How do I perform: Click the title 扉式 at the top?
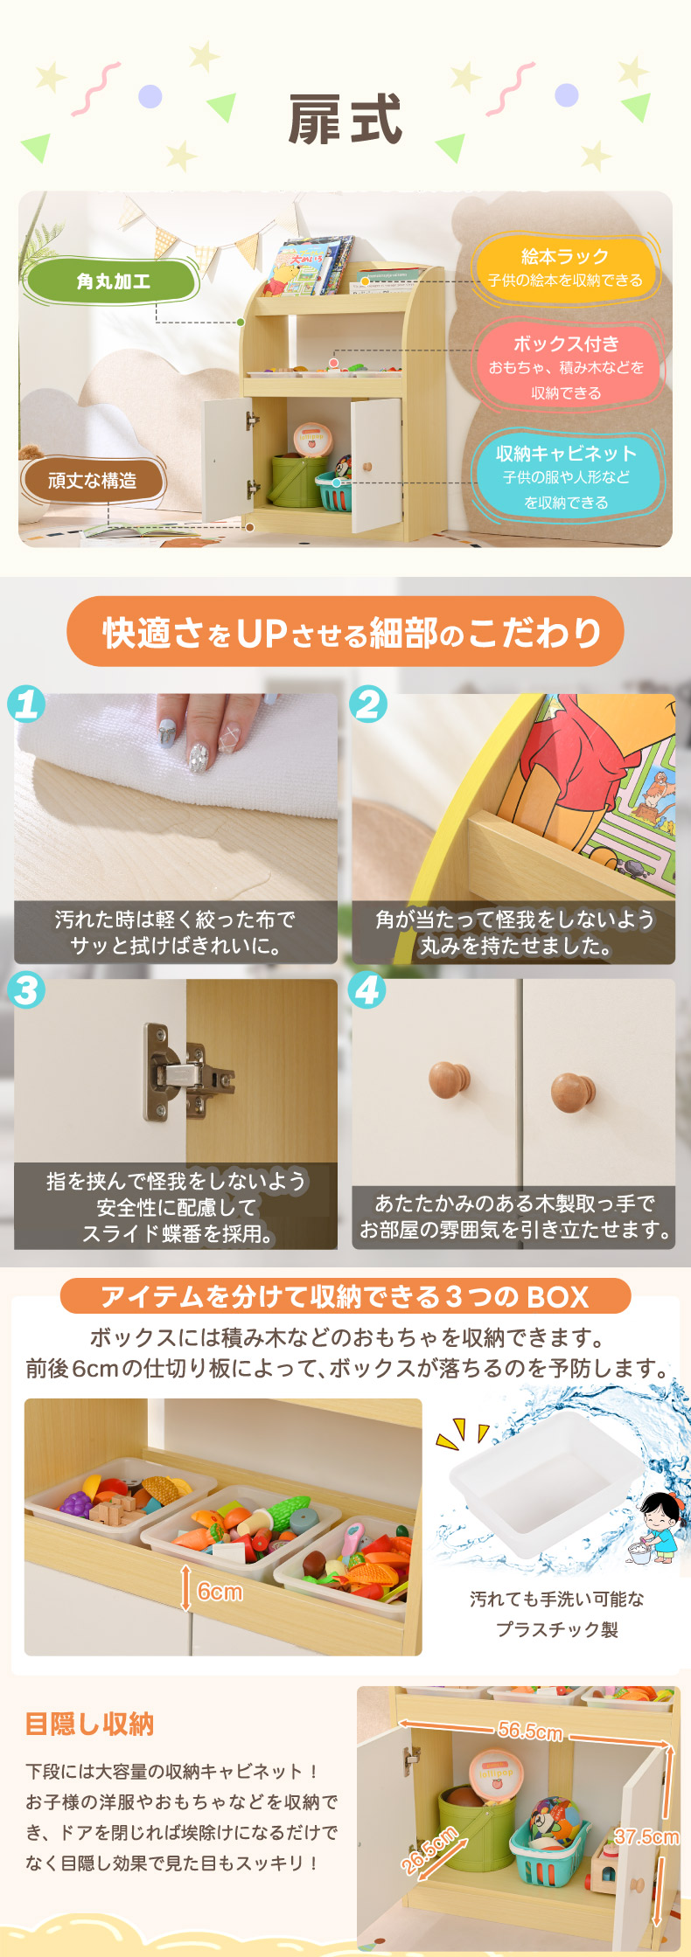click(x=345, y=120)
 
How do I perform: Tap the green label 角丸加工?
click(x=114, y=281)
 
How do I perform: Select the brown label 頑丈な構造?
click(x=93, y=480)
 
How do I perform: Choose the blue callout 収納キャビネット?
click(x=566, y=475)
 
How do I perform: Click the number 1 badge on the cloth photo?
click(x=26, y=704)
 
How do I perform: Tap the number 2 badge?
click(x=368, y=704)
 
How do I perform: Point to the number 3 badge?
click(x=26, y=990)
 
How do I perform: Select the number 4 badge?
click(x=368, y=990)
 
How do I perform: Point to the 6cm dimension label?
click(x=220, y=1591)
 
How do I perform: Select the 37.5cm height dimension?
click(x=646, y=1836)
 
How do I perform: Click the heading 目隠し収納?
click(x=90, y=1725)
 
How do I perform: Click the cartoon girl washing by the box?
click(x=656, y=1529)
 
